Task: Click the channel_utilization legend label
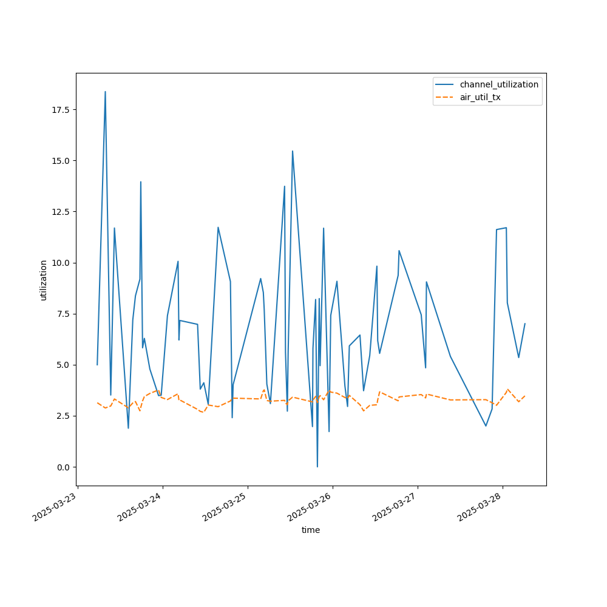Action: click(x=499, y=84)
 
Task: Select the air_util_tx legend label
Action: click(x=480, y=97)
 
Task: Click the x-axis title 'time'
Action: click(x=311, y=530)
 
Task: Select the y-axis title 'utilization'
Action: click(x=43, y=280)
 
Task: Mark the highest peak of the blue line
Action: click(x=105, y=92)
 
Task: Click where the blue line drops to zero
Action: click(x=317, y=466)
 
